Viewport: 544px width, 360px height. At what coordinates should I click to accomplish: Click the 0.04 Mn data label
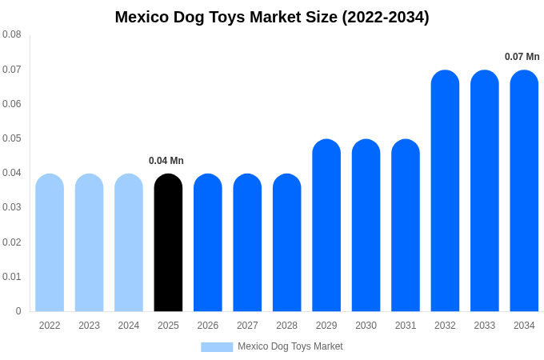pos(166,161)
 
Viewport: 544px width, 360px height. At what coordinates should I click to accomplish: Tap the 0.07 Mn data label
pos(522,57)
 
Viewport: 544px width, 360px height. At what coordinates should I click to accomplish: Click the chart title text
pos(272,17)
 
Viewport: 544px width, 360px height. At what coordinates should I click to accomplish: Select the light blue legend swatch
pos(217,347)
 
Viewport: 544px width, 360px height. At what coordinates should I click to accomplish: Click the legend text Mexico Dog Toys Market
pos(290,346)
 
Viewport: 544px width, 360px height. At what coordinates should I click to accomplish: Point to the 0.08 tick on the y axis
pos(12,34)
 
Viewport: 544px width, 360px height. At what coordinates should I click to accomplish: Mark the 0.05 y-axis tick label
pos(12,138)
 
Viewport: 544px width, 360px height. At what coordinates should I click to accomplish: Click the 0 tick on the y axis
pos(18,311)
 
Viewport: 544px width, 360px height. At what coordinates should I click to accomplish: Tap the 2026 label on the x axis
pos(208,326)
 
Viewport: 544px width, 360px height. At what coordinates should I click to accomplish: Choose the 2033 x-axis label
pos(485,326)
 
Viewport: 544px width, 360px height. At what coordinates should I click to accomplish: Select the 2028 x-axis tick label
pos(286,326)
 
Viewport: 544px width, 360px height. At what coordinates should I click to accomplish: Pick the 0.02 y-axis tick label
pos(12,242)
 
